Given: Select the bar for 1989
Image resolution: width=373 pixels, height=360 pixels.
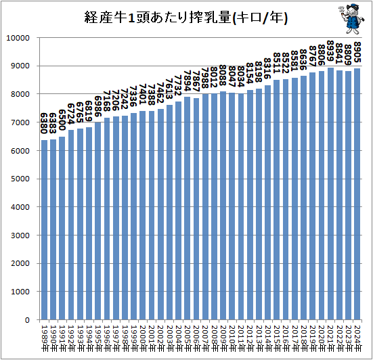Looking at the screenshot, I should tap(44, 229).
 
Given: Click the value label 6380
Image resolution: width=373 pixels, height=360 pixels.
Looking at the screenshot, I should tap(44, 125).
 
